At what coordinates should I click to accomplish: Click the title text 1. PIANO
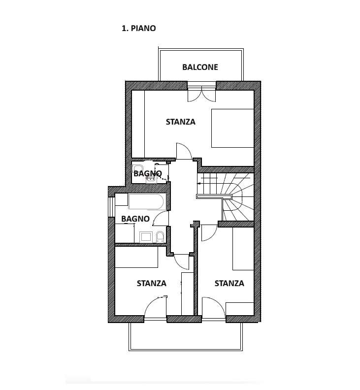pyautogui.click(x=138, y=28)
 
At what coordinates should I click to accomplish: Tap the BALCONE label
pyautogui.click(x=200, y=67)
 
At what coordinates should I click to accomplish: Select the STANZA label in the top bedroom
pyautogui.click(x=181, y=122)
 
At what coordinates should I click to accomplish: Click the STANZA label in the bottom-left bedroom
pyautogui.click(x=152, y=283)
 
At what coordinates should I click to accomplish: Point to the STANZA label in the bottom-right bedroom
pyautogui.click(x=229, y=283)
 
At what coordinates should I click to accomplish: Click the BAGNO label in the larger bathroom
pyautogui.click(x=135, y=219)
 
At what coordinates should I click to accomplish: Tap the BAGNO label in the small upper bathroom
pyautogui.click(x=148, y=173)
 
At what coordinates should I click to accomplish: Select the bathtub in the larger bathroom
pyautogui.click(x=146, y=201)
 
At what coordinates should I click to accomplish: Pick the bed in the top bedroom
pyautogui.click(x=232, y=128)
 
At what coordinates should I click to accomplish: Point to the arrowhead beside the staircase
pyautogui.click(x=198, y=184)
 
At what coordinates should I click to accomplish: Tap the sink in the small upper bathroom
pyautogui.click(x=151, y=179)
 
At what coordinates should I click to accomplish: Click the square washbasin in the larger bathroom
pyautogui.click(x=146, y=236)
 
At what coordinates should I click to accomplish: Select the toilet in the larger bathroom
pyautogui.click(x=160, y=237)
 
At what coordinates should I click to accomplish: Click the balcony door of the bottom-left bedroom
pyautogui.click(x=155, y=307)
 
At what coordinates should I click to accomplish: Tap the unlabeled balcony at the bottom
pyautogui.click(x=186, y=337)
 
